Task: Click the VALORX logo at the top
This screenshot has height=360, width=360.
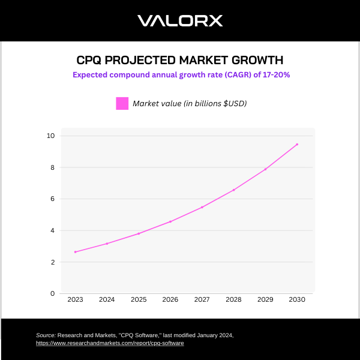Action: click(180, 21)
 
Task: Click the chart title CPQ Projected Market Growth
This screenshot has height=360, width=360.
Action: click(180, 61)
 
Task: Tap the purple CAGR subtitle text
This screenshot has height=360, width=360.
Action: click(181, 75)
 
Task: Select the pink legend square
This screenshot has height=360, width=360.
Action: click(122, 103)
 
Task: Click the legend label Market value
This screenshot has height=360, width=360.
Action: click(190, 103)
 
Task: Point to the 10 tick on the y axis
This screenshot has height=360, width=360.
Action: click(51, 136)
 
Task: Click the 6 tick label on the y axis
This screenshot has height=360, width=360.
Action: click(52, 199)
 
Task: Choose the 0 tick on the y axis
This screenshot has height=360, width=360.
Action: click(52, 293)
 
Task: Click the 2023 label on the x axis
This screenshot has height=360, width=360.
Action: click(75, 299)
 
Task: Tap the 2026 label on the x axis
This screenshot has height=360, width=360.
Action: click(170, 299)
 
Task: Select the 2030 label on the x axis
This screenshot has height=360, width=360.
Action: click(297, 299)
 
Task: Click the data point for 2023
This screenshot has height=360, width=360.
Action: click(75, 252)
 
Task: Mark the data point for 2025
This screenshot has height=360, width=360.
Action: click(139, 233)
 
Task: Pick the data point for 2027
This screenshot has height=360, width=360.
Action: click(202, 207)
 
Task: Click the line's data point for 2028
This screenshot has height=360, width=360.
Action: click(233, 190)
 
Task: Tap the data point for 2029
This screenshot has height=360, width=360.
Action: click(265, 169)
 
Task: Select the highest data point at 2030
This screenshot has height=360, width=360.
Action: click(297, 144)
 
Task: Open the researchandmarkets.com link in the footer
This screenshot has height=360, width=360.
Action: click(110, 343)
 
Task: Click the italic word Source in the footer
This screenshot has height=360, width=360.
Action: click(46, 335)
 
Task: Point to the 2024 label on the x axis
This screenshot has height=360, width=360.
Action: click(107, 299)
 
